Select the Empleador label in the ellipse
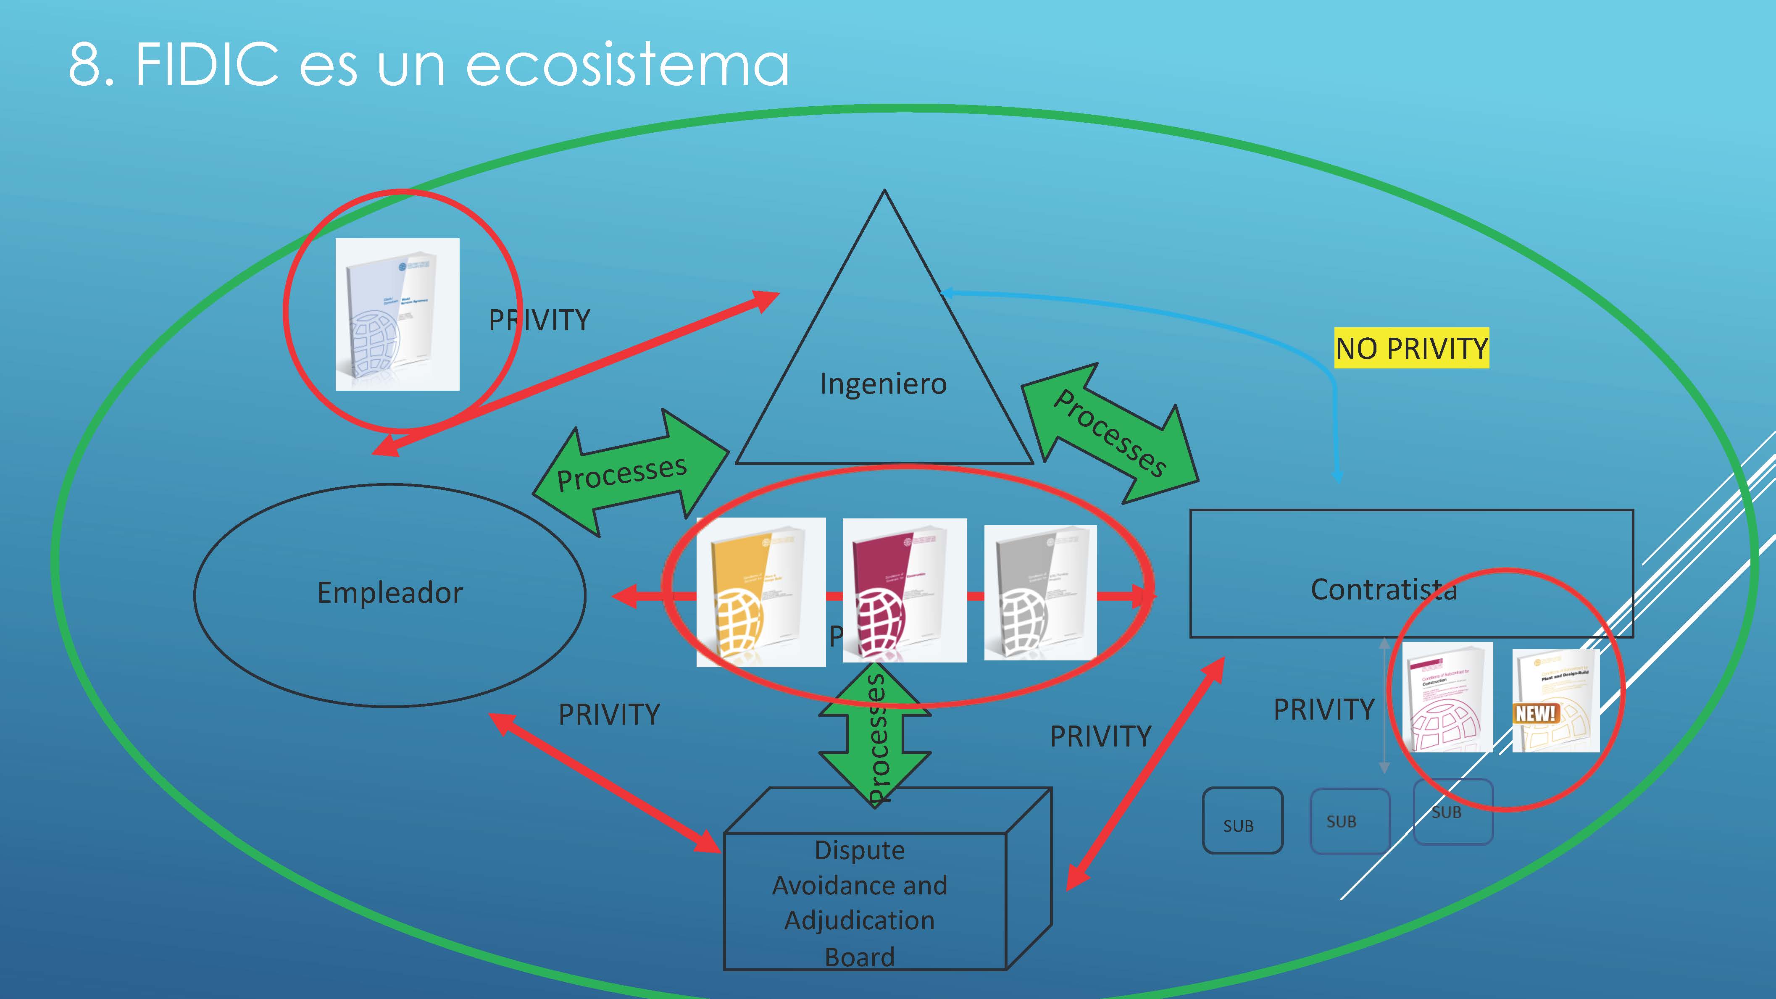[389, 593]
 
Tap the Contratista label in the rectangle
[1383, 589]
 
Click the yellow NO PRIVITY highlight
[1411, 348]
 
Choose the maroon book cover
[904, 590]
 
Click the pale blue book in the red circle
[397, 314]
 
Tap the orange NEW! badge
[1535, 713]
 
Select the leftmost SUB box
[1242, 820]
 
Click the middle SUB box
[1349, 820]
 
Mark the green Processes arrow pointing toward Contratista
[1110, 433]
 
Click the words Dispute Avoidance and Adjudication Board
[860, 902]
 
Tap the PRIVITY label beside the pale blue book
[539, 321]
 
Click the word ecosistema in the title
[627, 65]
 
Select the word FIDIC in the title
[207, 65]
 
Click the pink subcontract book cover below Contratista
[1447, 697]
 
